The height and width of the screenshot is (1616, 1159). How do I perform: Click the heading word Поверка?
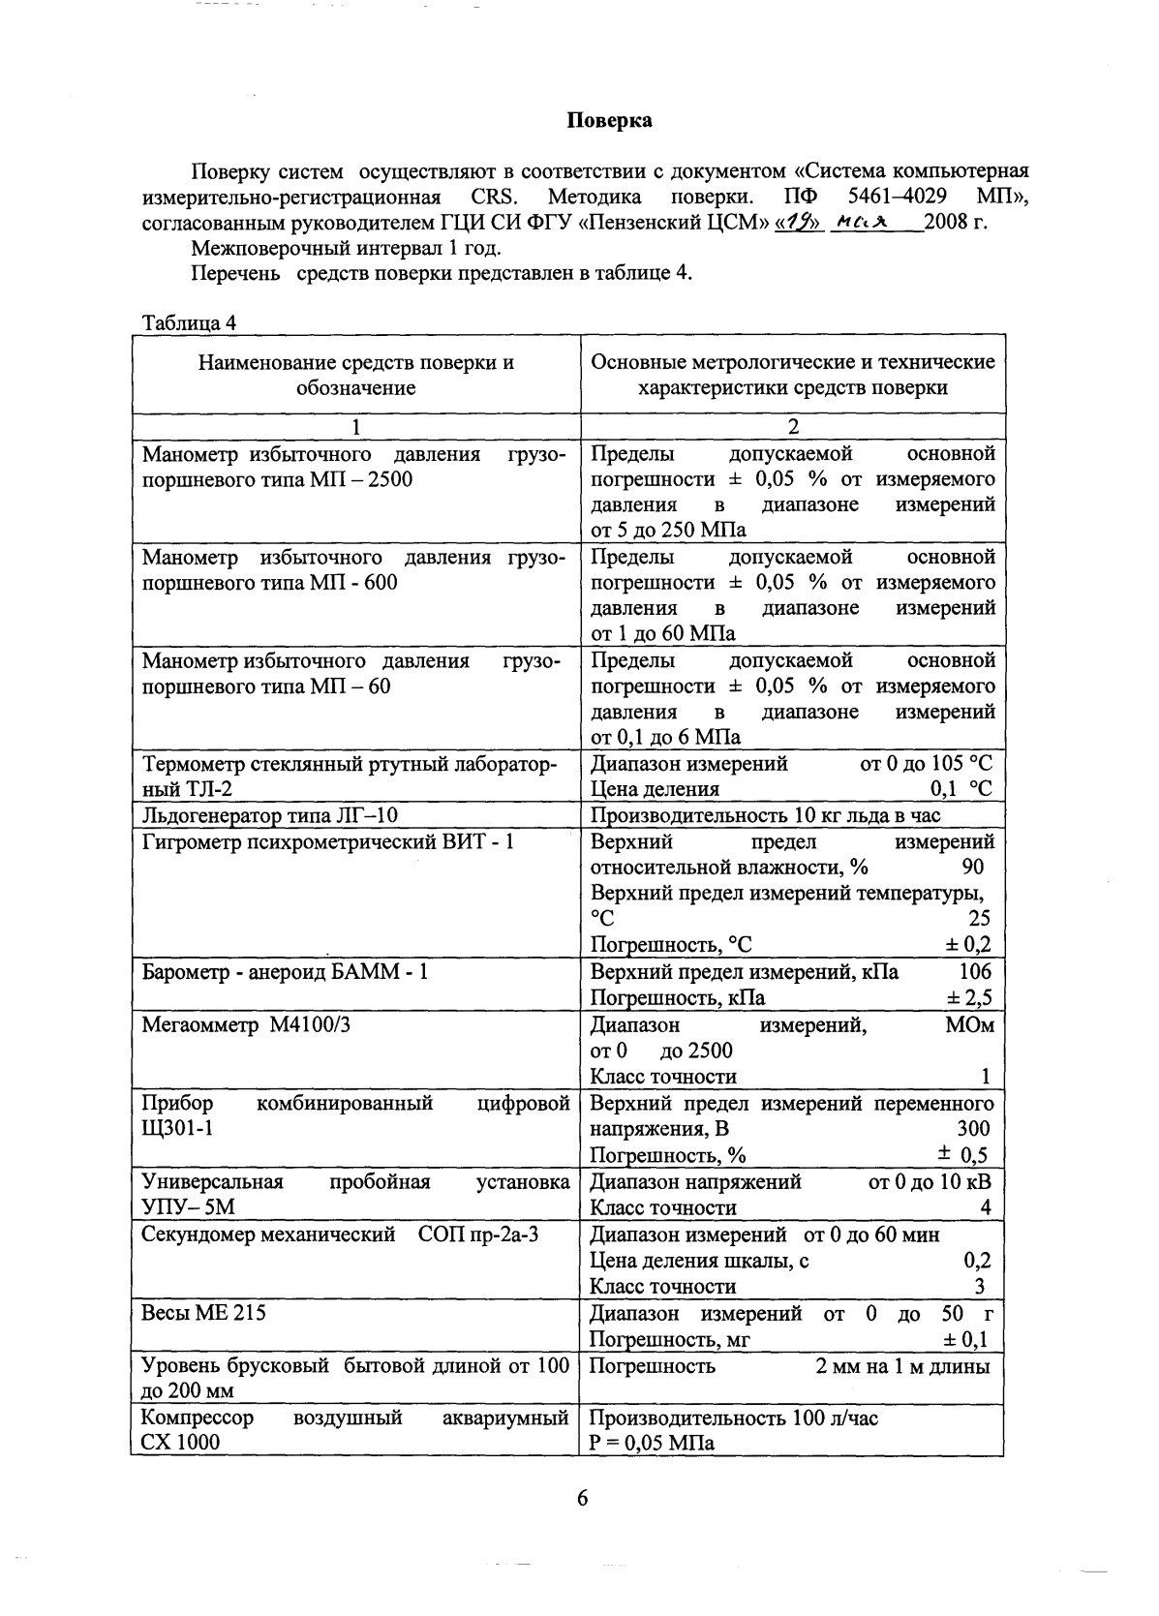point(609,120)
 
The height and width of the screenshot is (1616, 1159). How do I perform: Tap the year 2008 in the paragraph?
point(944,223)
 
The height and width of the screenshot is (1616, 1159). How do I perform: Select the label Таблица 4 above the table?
point(188,322)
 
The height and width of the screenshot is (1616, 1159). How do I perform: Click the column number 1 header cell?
point(355,427)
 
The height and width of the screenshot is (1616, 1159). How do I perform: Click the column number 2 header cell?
point(792,427)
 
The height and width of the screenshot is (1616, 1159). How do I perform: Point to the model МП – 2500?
point(360,479)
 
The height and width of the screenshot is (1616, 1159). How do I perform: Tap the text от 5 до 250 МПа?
point(669,530)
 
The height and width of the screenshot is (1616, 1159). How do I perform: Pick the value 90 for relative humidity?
point(975,868)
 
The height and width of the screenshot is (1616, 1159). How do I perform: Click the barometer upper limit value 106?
point(975,971)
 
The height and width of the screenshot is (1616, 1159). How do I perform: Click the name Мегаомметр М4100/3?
point(246,1023)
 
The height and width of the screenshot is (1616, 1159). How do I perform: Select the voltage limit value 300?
point(973,1128)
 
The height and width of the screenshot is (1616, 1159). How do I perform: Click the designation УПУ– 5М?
point(188,1207)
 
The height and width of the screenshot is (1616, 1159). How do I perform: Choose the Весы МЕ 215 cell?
point(203,1313)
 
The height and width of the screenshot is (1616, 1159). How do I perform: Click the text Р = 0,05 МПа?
point(652,1443)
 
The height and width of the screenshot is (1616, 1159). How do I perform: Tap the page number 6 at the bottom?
point(582,1498)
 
